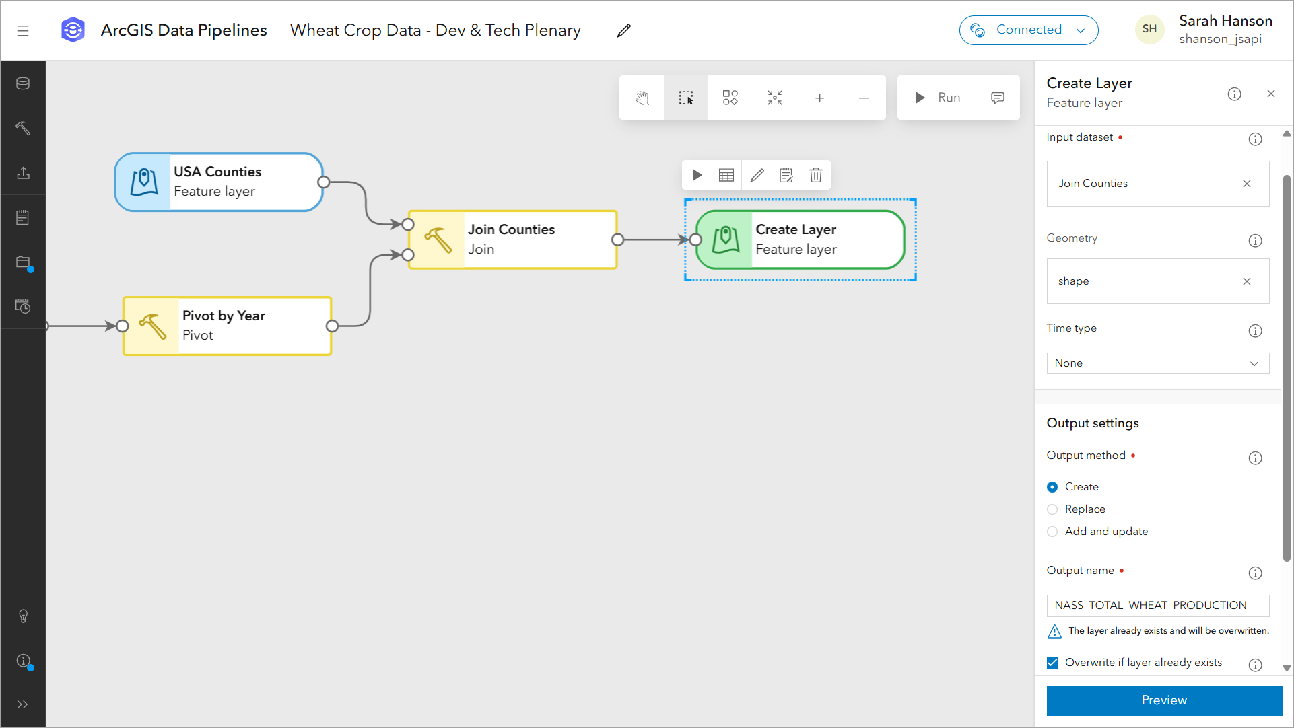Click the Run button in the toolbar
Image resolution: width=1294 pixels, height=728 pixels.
[x=938, y=98]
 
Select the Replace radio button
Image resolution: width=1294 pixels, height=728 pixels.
[x=1052, y=509]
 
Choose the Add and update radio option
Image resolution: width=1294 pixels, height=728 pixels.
[x=1052, y=532]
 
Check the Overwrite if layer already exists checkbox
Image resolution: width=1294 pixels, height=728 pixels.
[x=1053, y=663]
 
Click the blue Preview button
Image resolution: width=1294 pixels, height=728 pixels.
[x=1163, y=700]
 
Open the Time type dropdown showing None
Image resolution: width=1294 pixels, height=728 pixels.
[x=1157, y=363]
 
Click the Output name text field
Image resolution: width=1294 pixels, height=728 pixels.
[x=1157, y=606]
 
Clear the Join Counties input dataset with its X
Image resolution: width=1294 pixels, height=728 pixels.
[x=1247, y=184]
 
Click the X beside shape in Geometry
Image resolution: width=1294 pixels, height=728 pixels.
[x=1247, y=281]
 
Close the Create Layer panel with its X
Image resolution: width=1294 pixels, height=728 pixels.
[x=1271, y=94]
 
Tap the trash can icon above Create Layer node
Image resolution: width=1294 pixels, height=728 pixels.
[x=815, y=176]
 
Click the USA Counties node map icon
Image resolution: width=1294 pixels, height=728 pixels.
[x=144, y=182]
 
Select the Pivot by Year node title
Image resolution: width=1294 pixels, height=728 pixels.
[x=224, y=316]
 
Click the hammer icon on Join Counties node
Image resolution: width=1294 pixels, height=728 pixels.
[x=438, y=240]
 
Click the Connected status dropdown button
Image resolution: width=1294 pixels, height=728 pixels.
[x=1028, y=30]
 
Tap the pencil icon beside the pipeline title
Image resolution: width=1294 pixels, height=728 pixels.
[x=624, y=30]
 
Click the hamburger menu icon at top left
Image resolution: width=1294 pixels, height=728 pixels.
[x=23, y=30]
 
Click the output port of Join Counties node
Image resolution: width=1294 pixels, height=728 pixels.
[x=617, y=240]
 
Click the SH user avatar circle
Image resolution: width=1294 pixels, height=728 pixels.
[x=1149, y=29]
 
